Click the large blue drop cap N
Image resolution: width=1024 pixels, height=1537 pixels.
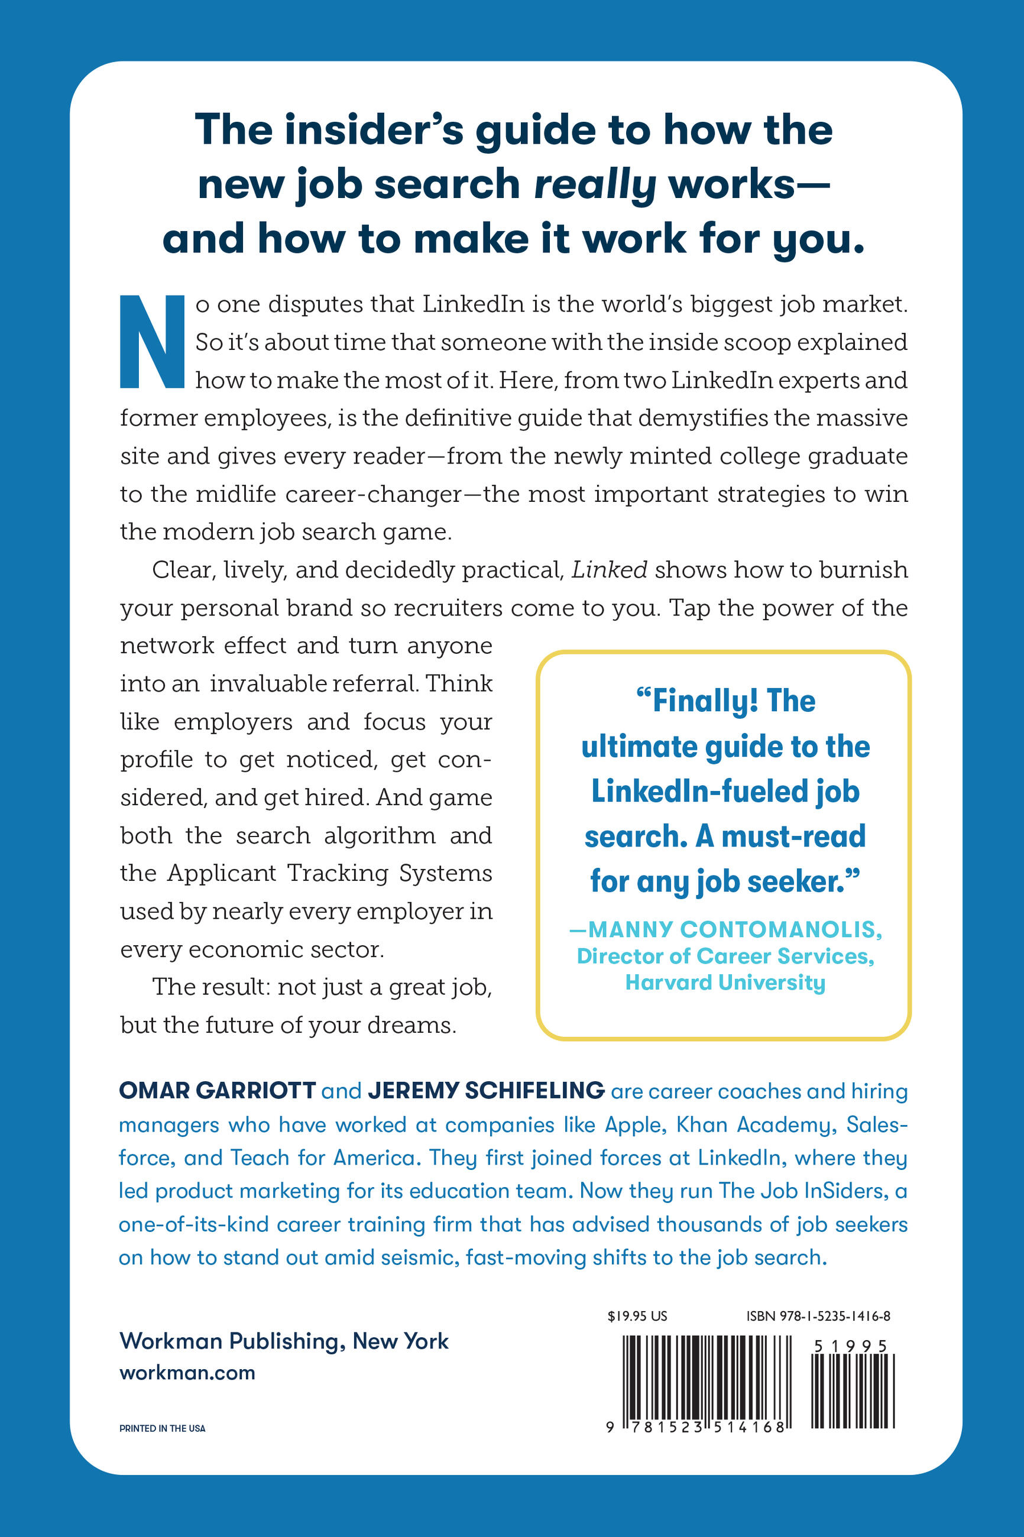[151, 342]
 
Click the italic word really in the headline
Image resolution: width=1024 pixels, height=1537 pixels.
[595, 185]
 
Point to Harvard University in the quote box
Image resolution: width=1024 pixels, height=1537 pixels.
[725, 982]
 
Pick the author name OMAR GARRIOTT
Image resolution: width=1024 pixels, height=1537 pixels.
[218, 1091]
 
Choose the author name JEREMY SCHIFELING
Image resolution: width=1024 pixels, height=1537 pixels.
[487, 1091]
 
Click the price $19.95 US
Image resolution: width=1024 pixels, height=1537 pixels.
[637, 1316]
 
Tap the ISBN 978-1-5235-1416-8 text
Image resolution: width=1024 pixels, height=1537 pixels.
[818, 1316]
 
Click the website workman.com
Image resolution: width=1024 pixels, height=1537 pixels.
[187, 1373]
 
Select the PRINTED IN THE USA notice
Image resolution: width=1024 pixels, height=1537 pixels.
[162, 1428]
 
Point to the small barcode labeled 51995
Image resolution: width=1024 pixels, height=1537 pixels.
[852, 1389]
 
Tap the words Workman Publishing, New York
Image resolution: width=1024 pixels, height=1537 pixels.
[284, 1341]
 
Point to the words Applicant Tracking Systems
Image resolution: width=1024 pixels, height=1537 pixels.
[330, 873]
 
